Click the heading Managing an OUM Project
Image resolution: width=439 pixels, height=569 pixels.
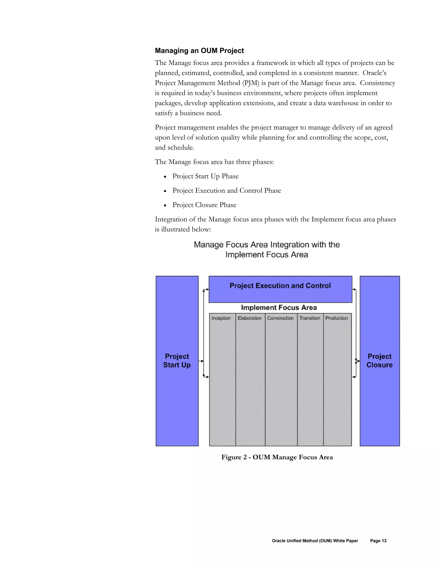[199, 50]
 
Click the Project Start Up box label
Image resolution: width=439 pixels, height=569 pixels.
[177, 361]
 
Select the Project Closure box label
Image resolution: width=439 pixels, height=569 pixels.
[379, 361]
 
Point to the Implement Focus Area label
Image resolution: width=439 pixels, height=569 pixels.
[279, 308]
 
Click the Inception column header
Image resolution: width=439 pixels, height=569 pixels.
[221, 318]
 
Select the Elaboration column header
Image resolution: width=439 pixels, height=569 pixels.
[250, 318]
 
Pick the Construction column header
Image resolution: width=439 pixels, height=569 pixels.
[280, 318]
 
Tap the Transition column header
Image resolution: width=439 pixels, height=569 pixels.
[310, 318]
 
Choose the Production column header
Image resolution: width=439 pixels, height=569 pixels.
[337, 318]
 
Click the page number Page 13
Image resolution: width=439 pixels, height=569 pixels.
[378, 541]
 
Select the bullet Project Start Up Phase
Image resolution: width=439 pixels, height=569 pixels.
[205, 176]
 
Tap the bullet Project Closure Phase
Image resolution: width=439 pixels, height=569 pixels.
[204, 205]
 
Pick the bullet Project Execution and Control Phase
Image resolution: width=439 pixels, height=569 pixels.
[227, 191]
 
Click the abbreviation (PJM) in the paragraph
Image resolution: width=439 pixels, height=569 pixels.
[251, 83]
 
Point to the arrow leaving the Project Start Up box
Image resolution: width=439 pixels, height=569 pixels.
[201, 361]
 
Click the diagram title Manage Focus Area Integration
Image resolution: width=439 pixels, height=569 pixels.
[267, 249]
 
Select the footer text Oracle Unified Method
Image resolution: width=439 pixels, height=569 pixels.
[315, 541]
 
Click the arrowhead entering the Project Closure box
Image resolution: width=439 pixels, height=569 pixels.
[359, 361]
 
